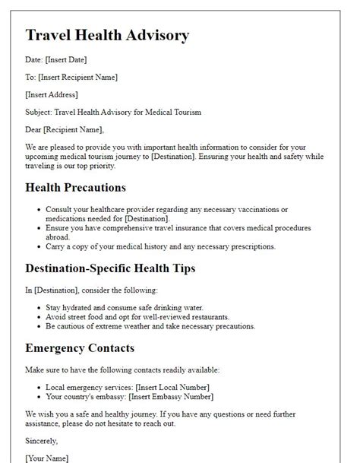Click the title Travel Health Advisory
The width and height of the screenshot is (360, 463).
pyautogui.click(x=107, y=35)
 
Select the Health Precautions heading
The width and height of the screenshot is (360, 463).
pyautogui.click(x=76, y=187)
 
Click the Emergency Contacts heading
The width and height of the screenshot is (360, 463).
pyautogui.click(x=80, y=348)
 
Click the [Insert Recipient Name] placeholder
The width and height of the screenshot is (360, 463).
pyautogui.click(x=78, y=77)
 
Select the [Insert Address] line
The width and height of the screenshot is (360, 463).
pyautogui.click(x=52, y=94)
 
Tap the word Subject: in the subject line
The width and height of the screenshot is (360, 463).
pyautogui.click(x=40, y=112)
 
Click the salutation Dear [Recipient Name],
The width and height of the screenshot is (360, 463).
pyautogui.click(x=65, y=129)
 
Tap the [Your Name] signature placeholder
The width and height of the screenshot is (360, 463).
pyautogui.click(x=47, y=458)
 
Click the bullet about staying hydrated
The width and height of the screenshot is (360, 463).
pyautogui.click(x=122, y=307)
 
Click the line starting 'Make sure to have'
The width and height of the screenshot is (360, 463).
pyautogui.click(x=122, y=369)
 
